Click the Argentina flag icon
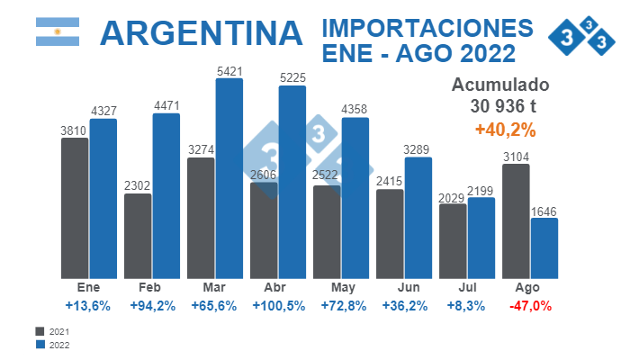(x=58, y=32)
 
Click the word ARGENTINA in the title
(x=201, y=33)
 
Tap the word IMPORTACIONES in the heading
(x=427, y=27)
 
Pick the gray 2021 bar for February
(x=138, y=235)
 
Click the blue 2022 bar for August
(x=544, y=247)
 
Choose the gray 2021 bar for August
(x=516, y=220)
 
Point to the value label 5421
(x=229, y=68)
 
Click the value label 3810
(x=74, y=130)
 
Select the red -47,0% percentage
(x=530, y=306)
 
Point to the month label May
(x=342, y=288)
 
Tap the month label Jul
(x=466, y=288)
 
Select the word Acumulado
(x=499, y=85)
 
